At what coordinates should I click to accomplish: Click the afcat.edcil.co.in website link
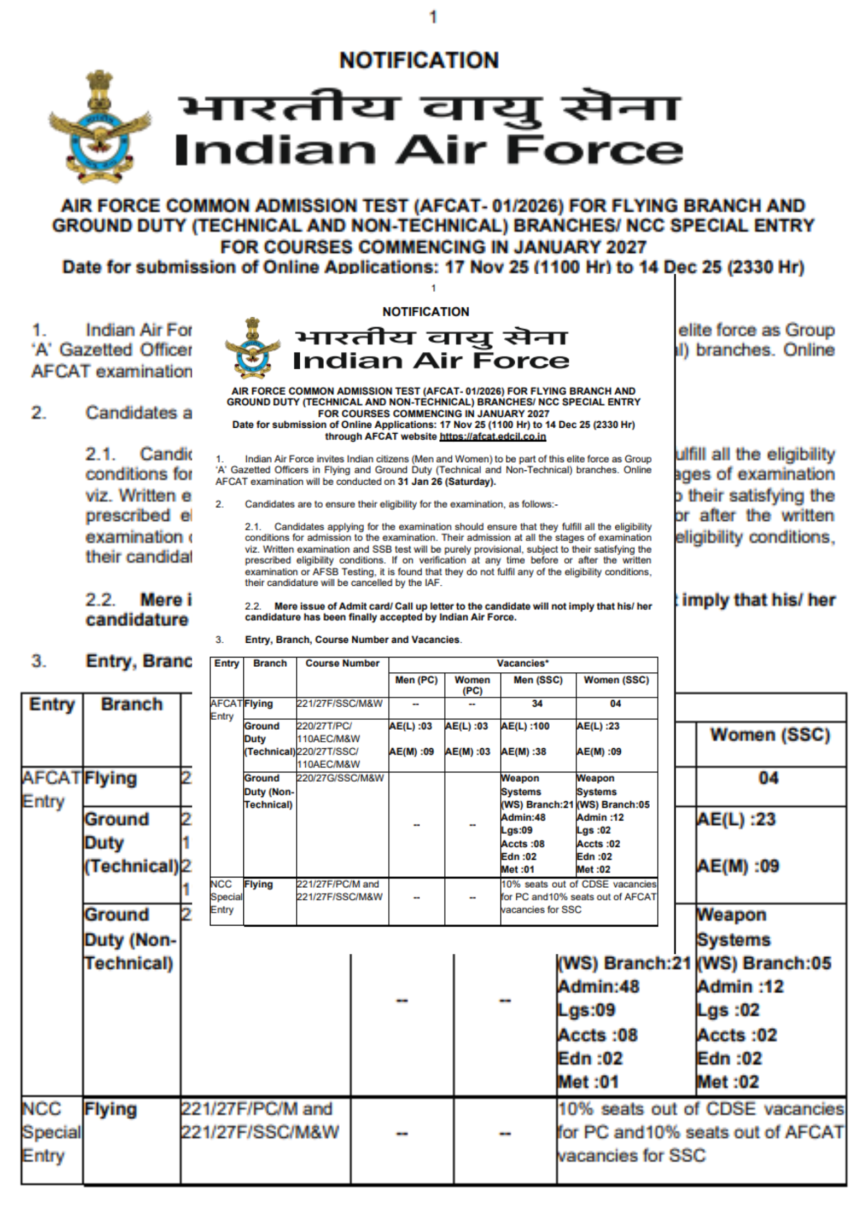click(492, 437)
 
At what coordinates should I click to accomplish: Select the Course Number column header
click(342, 664)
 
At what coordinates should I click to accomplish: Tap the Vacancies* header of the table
click(522, 664)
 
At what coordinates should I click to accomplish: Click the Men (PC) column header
click(416, 680)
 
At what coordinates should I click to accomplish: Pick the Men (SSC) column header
click(538, 680)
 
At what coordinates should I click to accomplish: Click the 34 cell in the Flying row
click(537, 704)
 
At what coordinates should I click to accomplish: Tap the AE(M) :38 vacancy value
click(523, 752)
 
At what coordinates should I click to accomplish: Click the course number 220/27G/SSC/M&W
click(340, 778)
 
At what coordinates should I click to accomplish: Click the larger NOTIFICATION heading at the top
click(419, 60)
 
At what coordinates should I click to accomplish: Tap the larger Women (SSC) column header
click(770, 735)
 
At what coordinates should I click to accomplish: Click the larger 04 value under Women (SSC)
click(768, 778)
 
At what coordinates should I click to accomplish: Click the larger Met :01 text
click(588, 1081)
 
